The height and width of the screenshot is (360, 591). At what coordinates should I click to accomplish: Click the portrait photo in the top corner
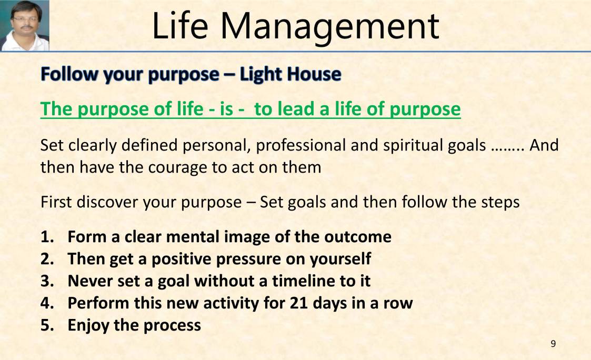[x=25, y=25]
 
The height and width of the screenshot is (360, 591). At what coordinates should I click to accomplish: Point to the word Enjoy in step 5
[x=88, y=325]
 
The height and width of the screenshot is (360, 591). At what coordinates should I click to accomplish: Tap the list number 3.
[x=46, y=281]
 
